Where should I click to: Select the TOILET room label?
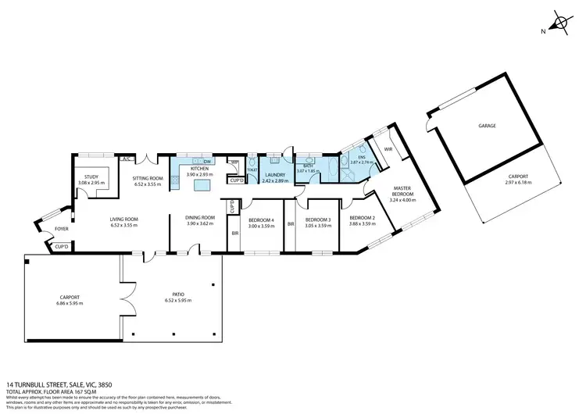point(252,169)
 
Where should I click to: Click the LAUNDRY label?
point(275,175)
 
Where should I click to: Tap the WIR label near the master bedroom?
point(388,148)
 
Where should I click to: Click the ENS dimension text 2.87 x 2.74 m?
point(361,161)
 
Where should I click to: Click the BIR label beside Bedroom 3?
point(290,224)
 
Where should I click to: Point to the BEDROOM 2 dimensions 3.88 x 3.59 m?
point(363,224)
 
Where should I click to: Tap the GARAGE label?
point(488,125)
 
